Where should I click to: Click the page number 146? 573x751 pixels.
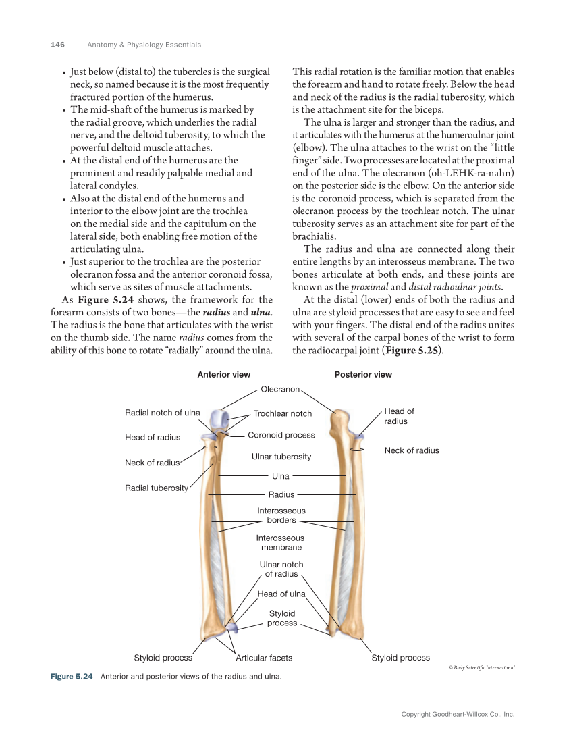pos(57,45)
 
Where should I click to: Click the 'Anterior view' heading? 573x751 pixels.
pos(223,374)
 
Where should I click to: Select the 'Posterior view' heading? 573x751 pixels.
pos(362,374)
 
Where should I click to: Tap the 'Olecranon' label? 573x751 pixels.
pos(280,390)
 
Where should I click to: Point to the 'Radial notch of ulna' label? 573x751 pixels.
pos(163,413)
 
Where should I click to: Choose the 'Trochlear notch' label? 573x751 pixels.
pos(282,413)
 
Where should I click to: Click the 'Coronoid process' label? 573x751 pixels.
pos(281,435)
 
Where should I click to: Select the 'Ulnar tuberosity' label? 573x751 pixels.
pos(281,457)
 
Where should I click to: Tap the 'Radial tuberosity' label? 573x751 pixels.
pos(157,488)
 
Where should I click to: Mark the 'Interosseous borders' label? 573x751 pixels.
pos(281,515)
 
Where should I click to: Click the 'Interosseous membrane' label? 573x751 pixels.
pos(281,542)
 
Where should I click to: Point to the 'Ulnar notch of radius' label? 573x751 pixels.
pos(281,569)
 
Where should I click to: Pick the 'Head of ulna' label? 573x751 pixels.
pos(281,594)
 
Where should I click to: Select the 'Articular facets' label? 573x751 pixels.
pos(264,658)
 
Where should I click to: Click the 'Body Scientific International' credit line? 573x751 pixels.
pos(481,667)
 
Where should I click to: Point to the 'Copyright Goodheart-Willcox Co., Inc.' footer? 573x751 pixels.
pos(458,714)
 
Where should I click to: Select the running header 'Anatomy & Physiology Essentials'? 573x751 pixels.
pos(144,45)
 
